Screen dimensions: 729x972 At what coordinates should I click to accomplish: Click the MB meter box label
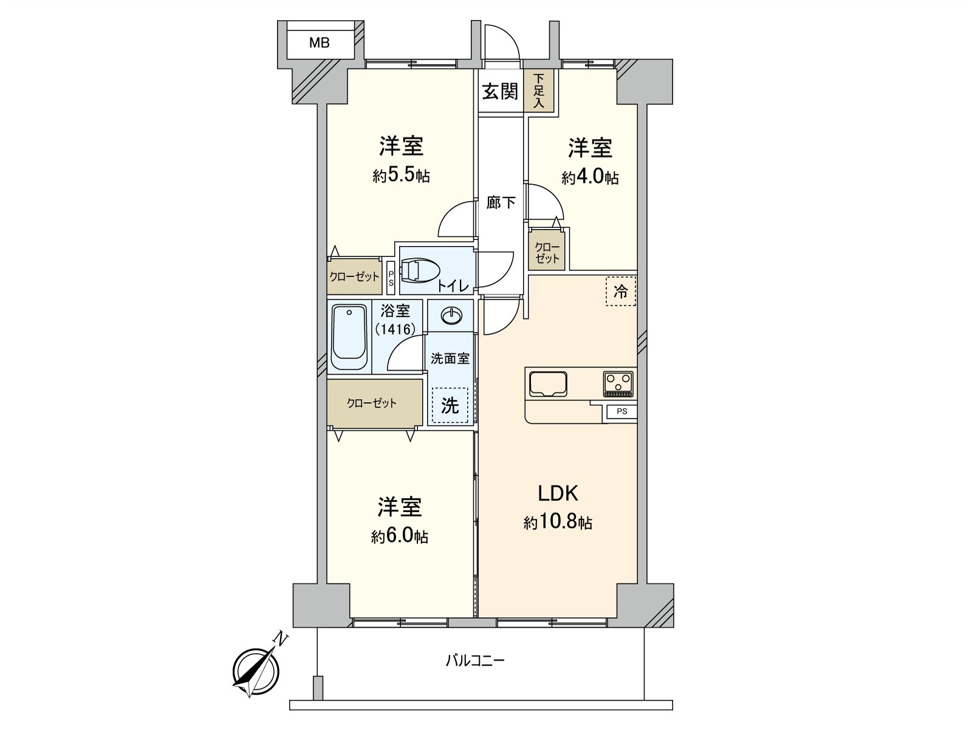pos(319,43)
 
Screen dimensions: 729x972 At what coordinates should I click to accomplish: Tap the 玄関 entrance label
pos(500,92)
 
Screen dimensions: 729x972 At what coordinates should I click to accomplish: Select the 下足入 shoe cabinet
pos(539,92)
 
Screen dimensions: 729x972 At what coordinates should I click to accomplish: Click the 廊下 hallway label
pos(501,202)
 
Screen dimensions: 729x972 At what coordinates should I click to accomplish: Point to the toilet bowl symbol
pos(420,270)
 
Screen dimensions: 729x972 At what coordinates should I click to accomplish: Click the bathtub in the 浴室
pos(349,338)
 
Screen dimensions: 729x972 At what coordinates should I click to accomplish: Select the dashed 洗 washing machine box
pos(450,405)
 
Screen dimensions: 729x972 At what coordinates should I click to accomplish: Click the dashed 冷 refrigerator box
pos(620,292)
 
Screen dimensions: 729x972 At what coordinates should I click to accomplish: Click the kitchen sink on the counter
pos(548,383)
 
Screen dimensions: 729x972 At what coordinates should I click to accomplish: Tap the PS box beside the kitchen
pos(621,411)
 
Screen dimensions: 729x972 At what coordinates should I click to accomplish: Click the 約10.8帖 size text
pos(558,522)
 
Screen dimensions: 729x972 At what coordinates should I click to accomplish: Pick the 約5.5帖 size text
pos(401,176)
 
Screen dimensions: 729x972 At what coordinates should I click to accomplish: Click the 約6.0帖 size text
pos(399,536)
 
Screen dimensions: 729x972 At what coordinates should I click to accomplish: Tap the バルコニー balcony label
pos(475,660)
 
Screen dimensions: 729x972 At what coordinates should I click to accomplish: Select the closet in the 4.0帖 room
pos(547,252)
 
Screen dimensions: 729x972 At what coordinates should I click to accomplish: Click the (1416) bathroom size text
pos(395,329)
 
